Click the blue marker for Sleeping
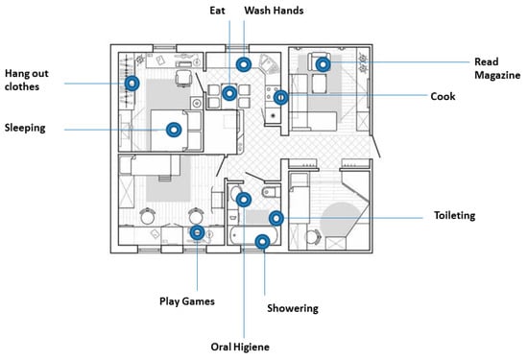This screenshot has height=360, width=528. point(174,130)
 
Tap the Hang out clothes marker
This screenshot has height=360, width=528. point(132,84)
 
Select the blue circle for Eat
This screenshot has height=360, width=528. point(229,93)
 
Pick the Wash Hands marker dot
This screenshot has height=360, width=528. point(244,64)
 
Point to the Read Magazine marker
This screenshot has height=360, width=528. point(323,64)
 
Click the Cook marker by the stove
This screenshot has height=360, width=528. point(281,98)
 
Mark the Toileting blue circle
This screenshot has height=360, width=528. point(276,218)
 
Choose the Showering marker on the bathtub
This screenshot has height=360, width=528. point(262,242)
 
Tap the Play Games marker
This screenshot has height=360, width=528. point(198,232)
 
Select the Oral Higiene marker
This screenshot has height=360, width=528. point(244,200)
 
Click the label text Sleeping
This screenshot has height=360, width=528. point(25,129)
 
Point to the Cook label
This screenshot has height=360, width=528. point(443,96)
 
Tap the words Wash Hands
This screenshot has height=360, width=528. point(274,11)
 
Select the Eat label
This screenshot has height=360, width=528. point(217,11)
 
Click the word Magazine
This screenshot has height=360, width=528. point(497,76)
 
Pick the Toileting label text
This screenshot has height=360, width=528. point(454,216)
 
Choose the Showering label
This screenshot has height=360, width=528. point(293,308)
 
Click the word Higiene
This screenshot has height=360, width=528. point(252,348)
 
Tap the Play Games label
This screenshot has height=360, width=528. point(187,301)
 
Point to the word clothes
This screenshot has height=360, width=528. point(22,86)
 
